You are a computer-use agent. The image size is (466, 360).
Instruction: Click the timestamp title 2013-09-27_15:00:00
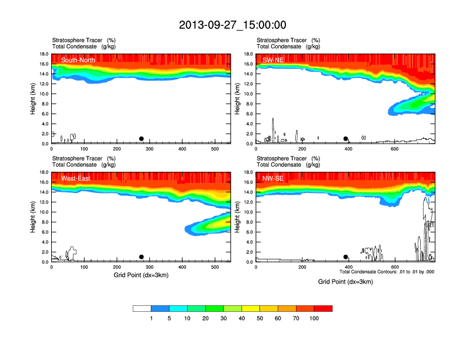pyautogui.click(x=232, y=25)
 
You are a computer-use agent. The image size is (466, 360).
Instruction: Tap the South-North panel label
pyautogui.click(x=78, y=59)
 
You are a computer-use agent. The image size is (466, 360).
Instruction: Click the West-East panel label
pyautogui.click(x=75, y=178)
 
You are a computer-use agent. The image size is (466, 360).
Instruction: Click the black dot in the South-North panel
pyautogui.click(x=141, y=139)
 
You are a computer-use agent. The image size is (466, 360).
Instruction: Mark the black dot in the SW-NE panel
pyautogui.click(x=346, y=139)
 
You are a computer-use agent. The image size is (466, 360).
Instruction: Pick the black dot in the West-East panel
pyautogui.click(x=141, y=257)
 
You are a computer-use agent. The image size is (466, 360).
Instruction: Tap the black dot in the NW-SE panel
pyautogui.click(x=346, y=257)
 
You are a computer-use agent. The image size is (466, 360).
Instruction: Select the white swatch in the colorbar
pyautogui.click(x=142, y=308)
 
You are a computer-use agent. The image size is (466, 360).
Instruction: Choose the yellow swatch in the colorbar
pyautogui.click(x=251, y=308)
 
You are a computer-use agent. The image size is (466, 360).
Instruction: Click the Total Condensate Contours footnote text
pyautogui.click(x=387, y=272)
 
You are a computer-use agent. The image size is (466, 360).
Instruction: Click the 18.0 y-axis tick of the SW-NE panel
pyautogui.click(x=249, y=54)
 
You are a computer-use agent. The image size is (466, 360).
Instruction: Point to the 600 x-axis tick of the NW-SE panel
pyautogui.click(x=394, y=267)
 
